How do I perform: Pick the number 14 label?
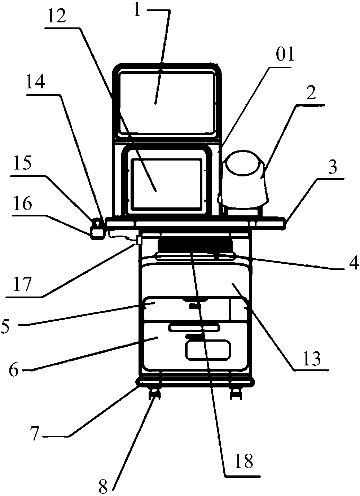[35, 83]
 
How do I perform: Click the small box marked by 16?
[96, 233]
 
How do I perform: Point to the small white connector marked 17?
[138, 240]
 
